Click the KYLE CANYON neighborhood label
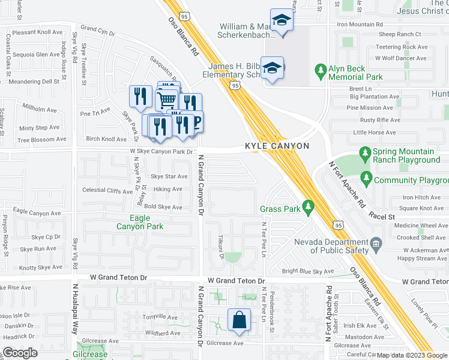coord(277,146)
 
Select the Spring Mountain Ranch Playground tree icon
coord(364,155)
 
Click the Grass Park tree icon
coord(309,208)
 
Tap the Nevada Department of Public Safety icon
coord(376,242)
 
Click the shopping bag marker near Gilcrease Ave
coord(239,319)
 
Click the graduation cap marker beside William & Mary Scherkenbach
coord(281,20)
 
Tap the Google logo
coord(20,353)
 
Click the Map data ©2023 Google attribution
coord(412,355)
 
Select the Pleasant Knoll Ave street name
coord(37,32)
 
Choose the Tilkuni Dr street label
coord(221,247)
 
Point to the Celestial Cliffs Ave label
coord(107,190)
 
